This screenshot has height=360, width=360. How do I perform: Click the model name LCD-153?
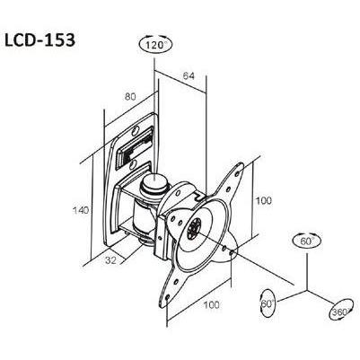point(40,40)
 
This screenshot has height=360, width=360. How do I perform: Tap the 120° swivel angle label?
point(156,45)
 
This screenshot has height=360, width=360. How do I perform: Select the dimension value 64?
point(189,76)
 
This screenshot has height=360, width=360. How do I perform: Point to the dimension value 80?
point(130,97)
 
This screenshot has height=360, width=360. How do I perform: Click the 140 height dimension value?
point(81,210)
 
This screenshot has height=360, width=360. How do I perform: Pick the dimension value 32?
point(110,260)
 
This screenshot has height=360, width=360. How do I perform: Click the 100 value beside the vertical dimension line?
point(263,200)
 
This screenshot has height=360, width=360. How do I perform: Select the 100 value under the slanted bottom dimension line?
point(212,305)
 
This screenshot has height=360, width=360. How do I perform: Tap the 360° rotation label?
point(340,312)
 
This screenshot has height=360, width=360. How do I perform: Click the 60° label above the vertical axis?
point(306,241)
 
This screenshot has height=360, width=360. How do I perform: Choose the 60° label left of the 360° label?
point(268,303)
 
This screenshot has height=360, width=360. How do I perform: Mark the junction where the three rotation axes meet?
point(306,290)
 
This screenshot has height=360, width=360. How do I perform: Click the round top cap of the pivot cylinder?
point(154,181)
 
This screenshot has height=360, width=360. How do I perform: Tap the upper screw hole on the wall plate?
point(136,130)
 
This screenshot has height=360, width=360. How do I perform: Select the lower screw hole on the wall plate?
point(133,164)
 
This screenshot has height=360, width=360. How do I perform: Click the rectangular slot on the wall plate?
point(135,147)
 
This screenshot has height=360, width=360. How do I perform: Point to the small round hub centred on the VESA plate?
point(195,228)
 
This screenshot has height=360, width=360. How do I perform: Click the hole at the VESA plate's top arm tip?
point(238,173)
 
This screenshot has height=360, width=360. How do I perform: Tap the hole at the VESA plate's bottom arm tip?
point(167,297)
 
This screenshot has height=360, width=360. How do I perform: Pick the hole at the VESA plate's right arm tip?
point(231,252)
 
